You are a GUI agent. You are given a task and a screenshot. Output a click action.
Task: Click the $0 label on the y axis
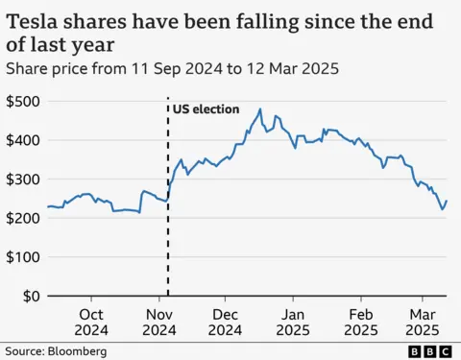point(29,297)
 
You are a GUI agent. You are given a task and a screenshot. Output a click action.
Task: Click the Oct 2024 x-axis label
point(92,322)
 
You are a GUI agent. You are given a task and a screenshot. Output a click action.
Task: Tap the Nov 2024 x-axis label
point(158,322)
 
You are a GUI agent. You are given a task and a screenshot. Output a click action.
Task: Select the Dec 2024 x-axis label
point(226,322)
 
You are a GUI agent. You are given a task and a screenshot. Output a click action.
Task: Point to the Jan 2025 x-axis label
point(293,322)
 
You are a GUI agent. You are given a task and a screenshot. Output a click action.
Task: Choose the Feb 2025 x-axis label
point(361,322)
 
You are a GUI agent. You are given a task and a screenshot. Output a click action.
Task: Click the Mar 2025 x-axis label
point(422,322)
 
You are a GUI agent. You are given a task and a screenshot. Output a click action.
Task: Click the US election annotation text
point(206,109)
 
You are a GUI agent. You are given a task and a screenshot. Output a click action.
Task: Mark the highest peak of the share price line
point(261,108)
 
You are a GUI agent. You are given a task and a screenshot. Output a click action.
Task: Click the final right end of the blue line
point(447,201)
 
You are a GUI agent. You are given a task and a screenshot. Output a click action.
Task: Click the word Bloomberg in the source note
point(77,351)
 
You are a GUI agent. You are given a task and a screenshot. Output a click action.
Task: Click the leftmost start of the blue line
point(47,207)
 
